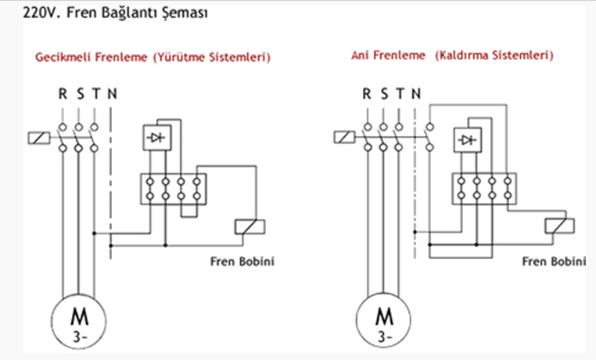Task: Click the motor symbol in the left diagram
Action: (79, 321)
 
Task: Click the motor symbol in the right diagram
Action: (383, 320)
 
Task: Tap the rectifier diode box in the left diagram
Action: (157, 138)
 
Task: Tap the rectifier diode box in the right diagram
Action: (468, 140)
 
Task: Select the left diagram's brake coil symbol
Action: (250, 227)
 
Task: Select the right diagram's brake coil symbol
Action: (559, 226)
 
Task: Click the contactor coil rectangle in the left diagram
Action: (39, 138)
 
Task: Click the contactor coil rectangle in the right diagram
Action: (344, 137)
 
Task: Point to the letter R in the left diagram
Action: (63, 93)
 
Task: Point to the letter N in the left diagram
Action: (112, 93)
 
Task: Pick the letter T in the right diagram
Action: (400, 93)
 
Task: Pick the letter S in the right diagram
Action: (384, 93)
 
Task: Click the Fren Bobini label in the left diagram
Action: (242, 261)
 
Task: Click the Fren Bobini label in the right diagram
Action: (554, 261)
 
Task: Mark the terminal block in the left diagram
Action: (174, 189)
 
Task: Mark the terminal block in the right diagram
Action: (484, 189)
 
